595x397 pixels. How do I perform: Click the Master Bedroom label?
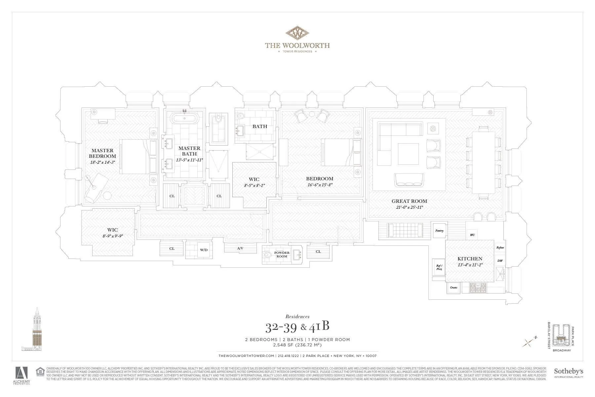pos(102,153)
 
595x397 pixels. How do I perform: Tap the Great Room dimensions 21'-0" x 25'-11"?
pos(410,207)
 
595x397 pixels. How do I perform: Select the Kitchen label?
pos(470,259)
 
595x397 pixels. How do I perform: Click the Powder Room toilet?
pos(268,255)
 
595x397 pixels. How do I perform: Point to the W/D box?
pos(204,250)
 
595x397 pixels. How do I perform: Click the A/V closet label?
pos(240,248)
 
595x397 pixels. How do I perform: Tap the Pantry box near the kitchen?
pos(439,231)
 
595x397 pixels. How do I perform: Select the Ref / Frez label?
pos(439,267)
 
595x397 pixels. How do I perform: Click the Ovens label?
pos(454,287)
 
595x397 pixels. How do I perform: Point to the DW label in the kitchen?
pos(500,261)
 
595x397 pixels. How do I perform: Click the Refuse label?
pos(500,247)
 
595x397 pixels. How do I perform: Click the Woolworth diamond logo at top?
pos(297,33)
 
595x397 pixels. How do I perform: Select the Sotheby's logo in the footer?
pos(568,373)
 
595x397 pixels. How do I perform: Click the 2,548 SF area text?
pos(297,345)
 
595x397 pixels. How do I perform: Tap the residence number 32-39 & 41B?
pos(297,327)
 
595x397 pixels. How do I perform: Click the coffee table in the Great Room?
pos(408,154)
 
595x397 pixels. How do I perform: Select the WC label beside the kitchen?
pos(472,235)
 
